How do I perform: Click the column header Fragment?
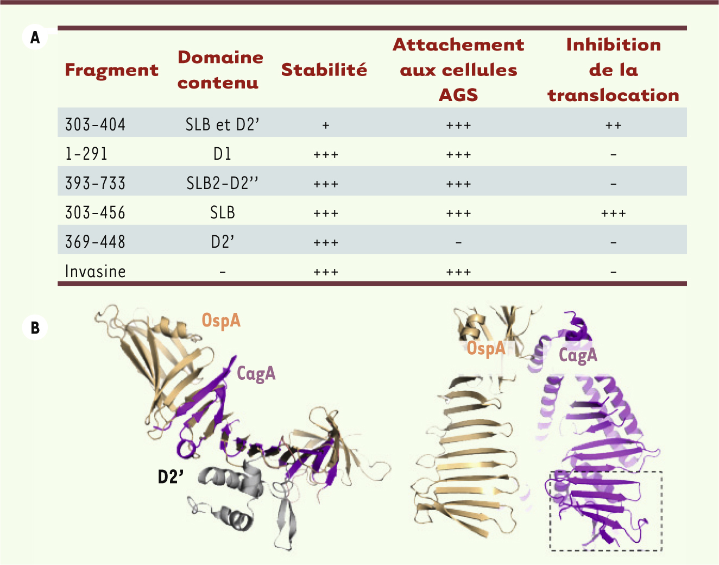pos(111,71)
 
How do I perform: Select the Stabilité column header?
pos(324,70)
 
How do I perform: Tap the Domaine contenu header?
pos(220,70)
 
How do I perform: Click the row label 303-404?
pos(95,125)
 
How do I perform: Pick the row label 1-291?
pos(86,154)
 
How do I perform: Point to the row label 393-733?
pos(95,183)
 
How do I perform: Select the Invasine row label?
pos(95,272)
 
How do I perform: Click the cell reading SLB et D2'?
pos(222,125)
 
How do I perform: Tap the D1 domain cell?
pos(222,154)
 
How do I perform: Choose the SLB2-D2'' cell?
pos(222,183)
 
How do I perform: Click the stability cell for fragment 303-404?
pos(326,125)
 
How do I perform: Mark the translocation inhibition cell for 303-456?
pos(614,214)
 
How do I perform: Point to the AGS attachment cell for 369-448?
pos(458,243)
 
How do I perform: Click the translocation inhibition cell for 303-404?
pos(614,125)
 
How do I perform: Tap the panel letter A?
pos(35,37)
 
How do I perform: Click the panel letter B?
pos(35,328)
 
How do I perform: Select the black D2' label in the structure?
pos(171,477)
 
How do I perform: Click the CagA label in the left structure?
pos(256,374)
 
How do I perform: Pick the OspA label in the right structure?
pos(486,348)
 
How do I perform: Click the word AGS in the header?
pos(458,95)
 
